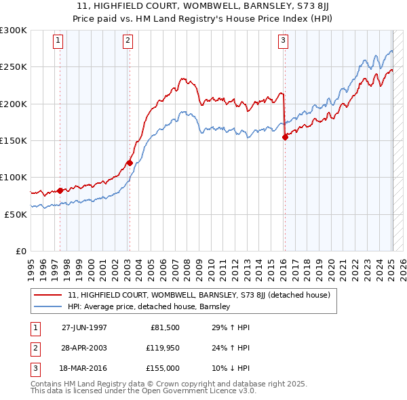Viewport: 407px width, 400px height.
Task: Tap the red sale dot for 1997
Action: tap(60, 191)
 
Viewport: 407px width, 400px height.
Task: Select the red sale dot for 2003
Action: tap(129, 163)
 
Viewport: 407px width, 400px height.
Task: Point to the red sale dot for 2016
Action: tap(285, 137)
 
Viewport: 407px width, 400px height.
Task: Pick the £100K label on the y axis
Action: tap(13, 177)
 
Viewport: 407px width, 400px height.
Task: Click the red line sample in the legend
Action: tap(48, 295)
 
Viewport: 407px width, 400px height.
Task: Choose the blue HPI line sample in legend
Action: tap(48, 306)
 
